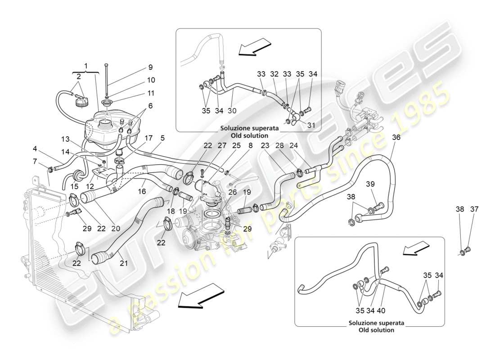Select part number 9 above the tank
pos(151,68)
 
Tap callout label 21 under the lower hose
pos(124,262)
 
